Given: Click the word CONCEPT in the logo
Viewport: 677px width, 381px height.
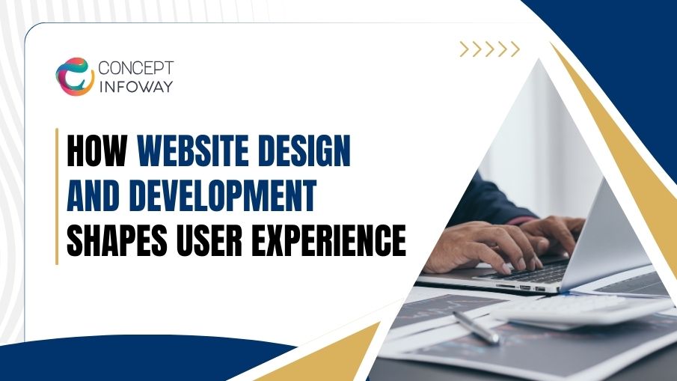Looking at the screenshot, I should [135, 68].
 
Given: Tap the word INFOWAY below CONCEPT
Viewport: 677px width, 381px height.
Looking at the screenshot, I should [135, 87].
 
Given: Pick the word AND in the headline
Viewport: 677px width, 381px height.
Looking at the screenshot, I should [93, 198].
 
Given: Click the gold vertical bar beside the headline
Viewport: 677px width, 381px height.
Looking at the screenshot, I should [57, 196].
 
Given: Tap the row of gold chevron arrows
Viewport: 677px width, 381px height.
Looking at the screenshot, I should [489, 49].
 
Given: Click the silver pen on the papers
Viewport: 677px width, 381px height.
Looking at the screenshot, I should [476, 327].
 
